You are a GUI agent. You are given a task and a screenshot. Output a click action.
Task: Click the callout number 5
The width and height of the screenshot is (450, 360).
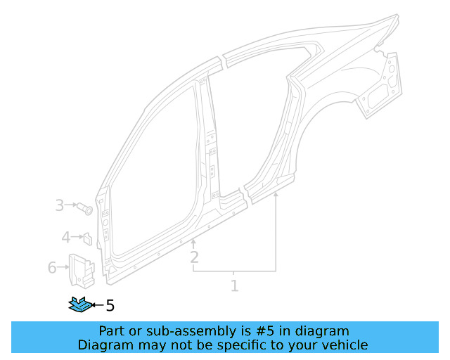point(110,305)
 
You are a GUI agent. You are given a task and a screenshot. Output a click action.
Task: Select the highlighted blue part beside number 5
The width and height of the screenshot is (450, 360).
point(79,304)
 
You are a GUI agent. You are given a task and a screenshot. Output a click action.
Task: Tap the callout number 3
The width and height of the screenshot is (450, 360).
point(60,205)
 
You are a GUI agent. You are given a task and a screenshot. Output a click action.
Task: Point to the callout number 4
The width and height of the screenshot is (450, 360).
point(65,238)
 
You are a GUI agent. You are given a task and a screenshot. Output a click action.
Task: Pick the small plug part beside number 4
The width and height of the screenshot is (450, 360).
point(89,238)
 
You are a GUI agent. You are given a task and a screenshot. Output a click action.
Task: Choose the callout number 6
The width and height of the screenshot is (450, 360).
point(52,267)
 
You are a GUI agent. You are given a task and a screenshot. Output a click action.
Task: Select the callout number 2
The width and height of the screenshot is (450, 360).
point(194,257)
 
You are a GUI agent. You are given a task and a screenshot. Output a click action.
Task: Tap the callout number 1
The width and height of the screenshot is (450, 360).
point(234,285)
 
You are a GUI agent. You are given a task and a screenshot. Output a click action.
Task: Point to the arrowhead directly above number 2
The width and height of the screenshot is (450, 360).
point(194,242)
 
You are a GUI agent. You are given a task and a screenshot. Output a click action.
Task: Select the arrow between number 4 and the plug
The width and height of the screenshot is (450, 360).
point(77,238)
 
